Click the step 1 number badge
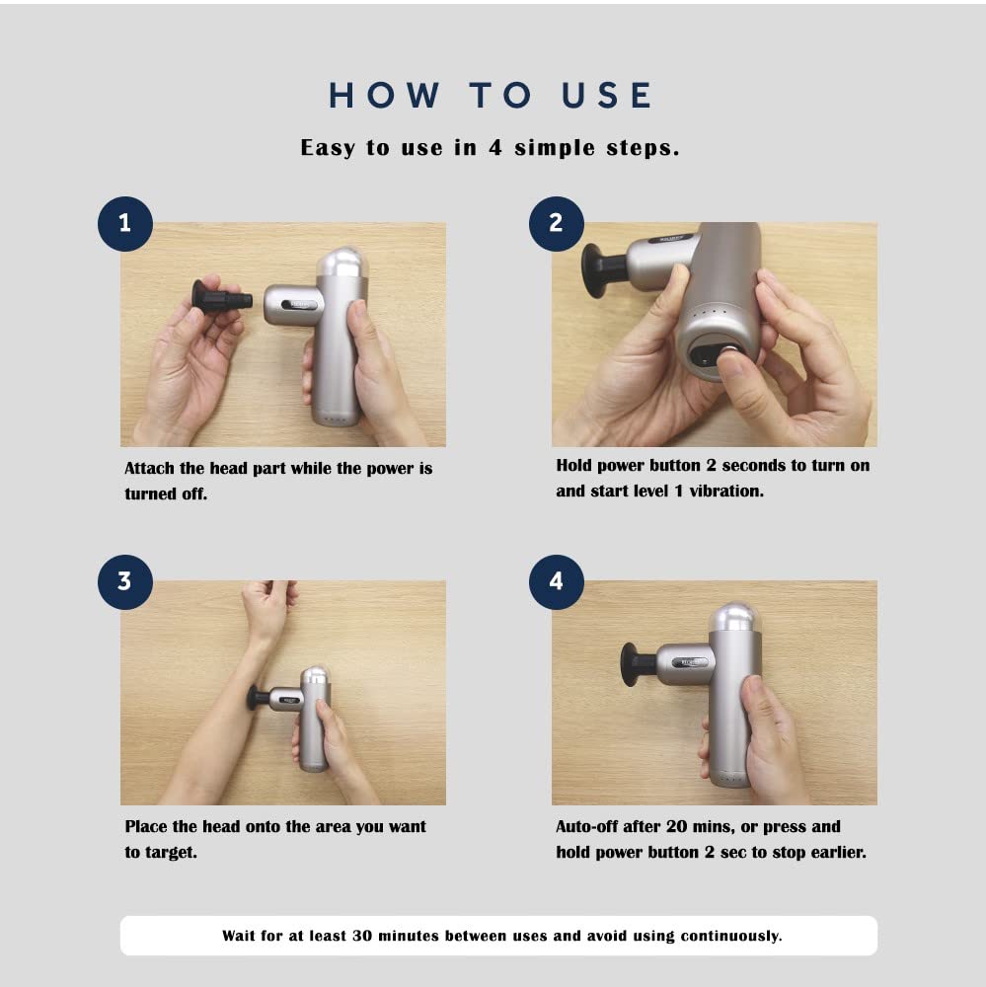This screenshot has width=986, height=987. click(125, 223)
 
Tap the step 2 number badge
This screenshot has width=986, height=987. click(557, 223)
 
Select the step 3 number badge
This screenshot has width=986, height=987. click(125, 581)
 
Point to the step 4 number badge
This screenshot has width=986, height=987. click(557, 581)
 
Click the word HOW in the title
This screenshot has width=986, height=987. click(384, 95)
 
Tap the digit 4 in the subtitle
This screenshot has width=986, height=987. click(495, 147)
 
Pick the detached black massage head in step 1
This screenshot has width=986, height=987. click(221, 296)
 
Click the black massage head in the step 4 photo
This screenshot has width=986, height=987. click(639, 663)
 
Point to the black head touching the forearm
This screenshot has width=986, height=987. click(259, 698)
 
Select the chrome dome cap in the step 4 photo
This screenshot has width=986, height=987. click(734, 618)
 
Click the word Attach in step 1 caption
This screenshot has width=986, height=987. click(149, 468)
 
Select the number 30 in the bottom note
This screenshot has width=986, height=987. click(362, 936)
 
